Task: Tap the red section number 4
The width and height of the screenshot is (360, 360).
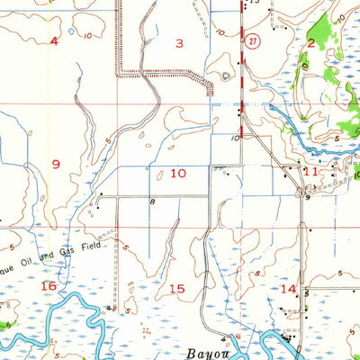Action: coord(54,41)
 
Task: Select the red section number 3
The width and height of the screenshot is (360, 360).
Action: coord(179,43)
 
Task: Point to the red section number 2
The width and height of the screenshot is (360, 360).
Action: coord(310,42)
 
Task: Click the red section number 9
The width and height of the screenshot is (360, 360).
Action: coord(56,163)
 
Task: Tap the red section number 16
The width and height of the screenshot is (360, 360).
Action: coord(49,285)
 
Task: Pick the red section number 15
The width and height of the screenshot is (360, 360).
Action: coord(177,288)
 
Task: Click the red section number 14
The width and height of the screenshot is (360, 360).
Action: coord(288,288)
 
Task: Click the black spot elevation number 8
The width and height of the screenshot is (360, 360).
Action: coord(153,202)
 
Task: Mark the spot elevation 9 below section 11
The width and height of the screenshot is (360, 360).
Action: coord(308,198)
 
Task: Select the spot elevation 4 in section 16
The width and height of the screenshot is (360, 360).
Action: coord(108,308)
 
